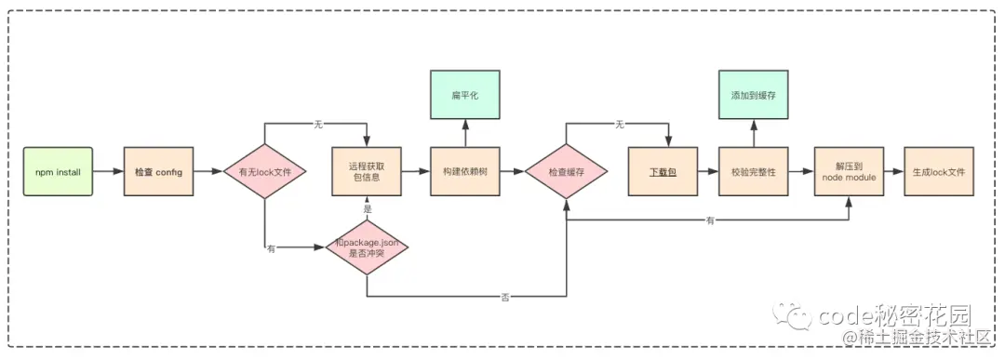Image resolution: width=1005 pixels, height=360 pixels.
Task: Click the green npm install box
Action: click(x=58, y=171)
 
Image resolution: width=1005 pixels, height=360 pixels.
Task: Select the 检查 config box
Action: click(x=158, y=171)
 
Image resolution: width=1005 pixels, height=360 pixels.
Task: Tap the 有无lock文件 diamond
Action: click(x=265, y=172)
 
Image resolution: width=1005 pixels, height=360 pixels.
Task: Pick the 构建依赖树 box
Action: click(x=464, y=171)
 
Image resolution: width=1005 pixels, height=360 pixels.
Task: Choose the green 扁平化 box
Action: click(x=464, y=97)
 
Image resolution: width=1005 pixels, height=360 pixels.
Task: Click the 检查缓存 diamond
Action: click(x=566, y=172)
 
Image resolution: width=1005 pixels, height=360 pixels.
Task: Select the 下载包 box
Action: click(x=662, y=171)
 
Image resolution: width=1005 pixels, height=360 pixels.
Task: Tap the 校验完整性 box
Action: click(x=754, y=171)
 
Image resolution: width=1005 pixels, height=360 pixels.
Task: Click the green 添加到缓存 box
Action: click(x=754, y=97)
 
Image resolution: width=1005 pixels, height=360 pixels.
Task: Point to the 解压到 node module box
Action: click(x=849, y=171)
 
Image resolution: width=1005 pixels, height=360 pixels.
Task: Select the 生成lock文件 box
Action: click(x=940, y=171)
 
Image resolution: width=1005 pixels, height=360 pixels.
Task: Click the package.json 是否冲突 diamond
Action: click(x=368, y=247)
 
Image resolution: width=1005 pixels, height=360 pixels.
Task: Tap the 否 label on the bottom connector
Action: click(x=505, y=297)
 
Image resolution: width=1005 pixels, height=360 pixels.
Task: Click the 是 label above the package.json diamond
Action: click(x=368, y=209)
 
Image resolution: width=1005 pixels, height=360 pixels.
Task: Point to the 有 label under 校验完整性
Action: click(x=711, y=221)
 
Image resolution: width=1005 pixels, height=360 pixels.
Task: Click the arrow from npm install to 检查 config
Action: click(x=108, y=172)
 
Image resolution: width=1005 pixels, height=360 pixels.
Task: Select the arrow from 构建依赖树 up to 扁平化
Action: click(x=464, y=134)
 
